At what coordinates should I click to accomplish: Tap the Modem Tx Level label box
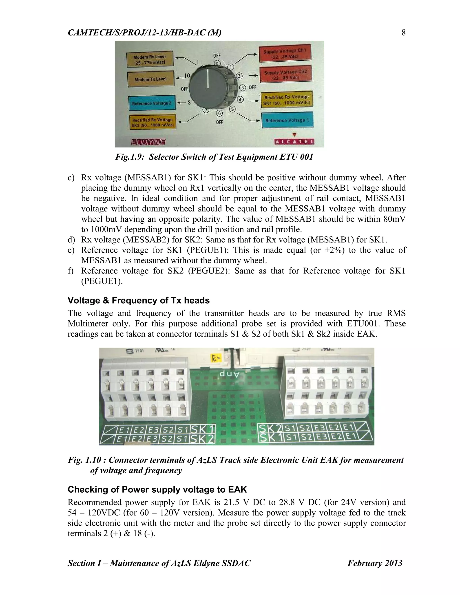[x=150, y=79]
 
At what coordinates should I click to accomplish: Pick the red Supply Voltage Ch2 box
[x=285, y=75]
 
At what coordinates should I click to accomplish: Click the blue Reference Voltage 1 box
[x=287, y=120]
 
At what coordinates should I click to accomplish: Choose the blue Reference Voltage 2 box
[x=152, y=103]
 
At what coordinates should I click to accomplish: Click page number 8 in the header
[x=403, y=33]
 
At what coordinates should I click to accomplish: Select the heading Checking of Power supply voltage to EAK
[x=157, y=489]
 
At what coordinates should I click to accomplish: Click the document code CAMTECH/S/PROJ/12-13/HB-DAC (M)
[x=144, y=33]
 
